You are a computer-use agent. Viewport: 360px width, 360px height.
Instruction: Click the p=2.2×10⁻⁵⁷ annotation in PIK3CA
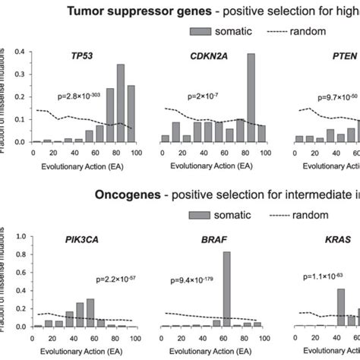click(x=113, y=280)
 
